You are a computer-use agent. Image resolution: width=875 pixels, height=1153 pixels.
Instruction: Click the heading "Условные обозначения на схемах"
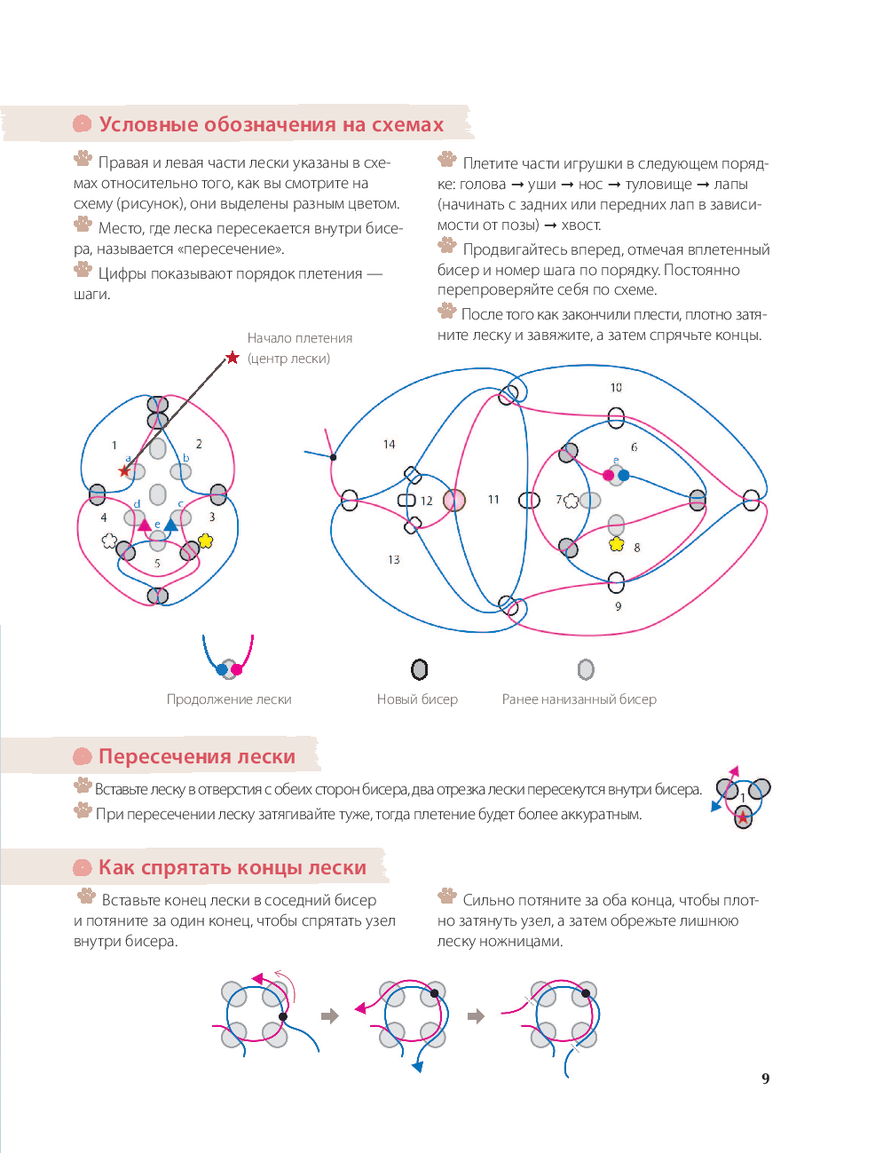(271, 125)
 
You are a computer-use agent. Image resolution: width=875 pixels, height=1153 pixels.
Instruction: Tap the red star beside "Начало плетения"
(233, 358)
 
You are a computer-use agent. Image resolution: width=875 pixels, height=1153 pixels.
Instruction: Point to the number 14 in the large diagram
(389, 445)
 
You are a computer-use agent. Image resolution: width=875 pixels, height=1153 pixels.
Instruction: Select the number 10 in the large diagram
(616, 388)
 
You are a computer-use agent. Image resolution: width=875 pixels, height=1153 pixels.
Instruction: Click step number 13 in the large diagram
(393, 560)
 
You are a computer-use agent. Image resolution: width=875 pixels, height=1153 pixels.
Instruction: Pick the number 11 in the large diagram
(493, 500)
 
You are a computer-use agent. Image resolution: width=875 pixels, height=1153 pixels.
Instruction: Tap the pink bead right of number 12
(454, 501)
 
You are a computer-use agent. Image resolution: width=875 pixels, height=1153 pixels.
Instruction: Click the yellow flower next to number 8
(617, 544)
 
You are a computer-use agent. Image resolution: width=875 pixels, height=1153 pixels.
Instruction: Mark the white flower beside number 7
(571, 501)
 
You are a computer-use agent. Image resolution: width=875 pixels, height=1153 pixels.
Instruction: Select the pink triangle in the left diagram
(144, 525)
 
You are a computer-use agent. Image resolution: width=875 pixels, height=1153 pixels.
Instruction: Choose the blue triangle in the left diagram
(171, 525)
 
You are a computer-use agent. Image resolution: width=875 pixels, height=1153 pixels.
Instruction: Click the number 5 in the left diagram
(157, 564)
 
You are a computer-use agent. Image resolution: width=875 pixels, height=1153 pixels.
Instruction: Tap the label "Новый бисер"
(417, 699)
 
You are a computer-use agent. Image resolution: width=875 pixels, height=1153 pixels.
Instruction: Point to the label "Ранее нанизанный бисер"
(579, 699)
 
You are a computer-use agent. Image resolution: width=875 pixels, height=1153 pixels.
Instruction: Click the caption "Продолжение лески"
(229, 699)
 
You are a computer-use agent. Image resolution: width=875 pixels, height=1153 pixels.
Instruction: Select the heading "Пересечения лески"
(197, 757)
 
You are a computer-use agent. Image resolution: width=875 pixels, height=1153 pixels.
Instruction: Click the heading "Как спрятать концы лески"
(233, 868)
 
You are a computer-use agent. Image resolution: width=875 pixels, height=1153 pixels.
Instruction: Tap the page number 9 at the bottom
(765, 1079)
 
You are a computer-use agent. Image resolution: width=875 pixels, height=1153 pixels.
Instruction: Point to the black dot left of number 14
(333, 457)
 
